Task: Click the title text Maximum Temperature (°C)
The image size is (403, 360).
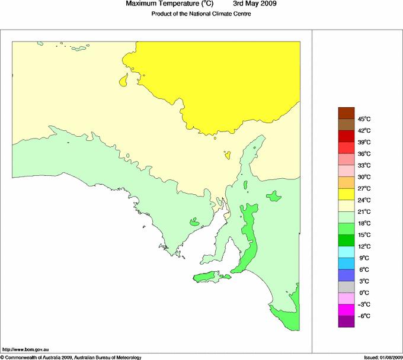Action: coord(170,4)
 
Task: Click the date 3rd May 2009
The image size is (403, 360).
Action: coord(254,4)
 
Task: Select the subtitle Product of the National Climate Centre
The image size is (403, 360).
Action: coord(201,14)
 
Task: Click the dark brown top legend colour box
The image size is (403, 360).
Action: coord(346,113)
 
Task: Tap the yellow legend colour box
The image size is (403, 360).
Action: coord(346,194)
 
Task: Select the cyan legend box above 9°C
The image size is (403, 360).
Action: coord(346,252)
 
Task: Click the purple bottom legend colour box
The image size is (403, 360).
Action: coord(346,322)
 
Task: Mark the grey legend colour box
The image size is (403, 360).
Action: coord(346,287)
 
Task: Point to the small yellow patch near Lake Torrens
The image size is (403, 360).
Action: coord(227,156)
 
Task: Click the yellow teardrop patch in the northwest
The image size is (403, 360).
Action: coord(124,81)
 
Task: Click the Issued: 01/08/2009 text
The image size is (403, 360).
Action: coord(382,357)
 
